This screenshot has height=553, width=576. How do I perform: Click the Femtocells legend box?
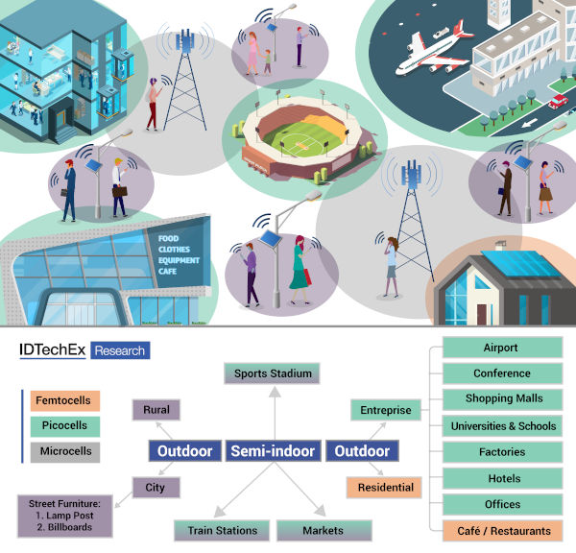(65, 400)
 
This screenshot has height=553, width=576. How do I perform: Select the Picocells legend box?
(65, 426)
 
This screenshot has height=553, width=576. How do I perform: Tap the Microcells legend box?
(65, 451)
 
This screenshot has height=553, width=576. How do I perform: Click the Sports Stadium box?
(272, 373)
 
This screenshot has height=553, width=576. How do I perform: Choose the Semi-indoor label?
(273, 451)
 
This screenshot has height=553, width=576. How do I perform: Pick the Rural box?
(156, 410)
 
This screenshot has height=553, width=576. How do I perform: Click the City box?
(156, 487)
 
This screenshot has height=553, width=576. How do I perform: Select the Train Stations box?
(222, 530)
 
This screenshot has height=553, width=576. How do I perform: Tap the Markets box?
(324, 530)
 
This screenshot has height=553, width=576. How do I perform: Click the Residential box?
(384, 487)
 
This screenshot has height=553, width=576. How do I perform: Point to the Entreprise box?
(386, 410)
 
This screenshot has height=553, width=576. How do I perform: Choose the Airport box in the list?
(502, 348)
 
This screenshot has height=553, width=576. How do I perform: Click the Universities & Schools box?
(502, 426)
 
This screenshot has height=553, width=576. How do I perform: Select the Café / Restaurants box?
(502, 531)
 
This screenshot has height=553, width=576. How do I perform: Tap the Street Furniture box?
(65, 516)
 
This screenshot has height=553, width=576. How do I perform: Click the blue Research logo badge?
(120, 350)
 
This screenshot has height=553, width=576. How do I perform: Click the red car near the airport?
(558, 101)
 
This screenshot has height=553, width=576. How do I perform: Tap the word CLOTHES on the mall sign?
(174, 250)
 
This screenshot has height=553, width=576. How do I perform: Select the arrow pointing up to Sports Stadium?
(275, 413)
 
